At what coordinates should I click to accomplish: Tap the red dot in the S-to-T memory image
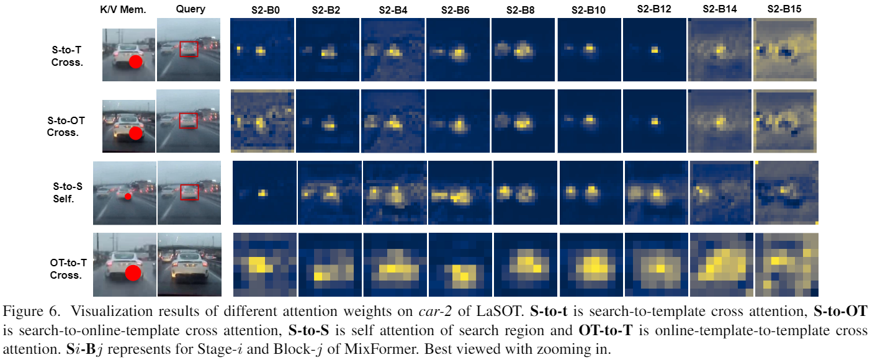pyautogui.click(x=136, y=61)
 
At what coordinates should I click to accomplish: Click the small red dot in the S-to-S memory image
pyautogui.click(x=127, y=196)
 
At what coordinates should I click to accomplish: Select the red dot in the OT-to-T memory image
pyautogui.click(x=133, y=272)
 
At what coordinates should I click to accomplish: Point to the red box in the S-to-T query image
pyautogui.click(x=189, y=49)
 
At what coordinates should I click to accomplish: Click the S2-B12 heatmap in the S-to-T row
pyautogui.click(x=654, y=49)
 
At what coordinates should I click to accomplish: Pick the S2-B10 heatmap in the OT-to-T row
pyautogui.click(x=591, y=264)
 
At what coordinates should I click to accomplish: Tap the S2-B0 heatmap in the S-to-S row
pyautogui.click(x=264, y=192)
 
